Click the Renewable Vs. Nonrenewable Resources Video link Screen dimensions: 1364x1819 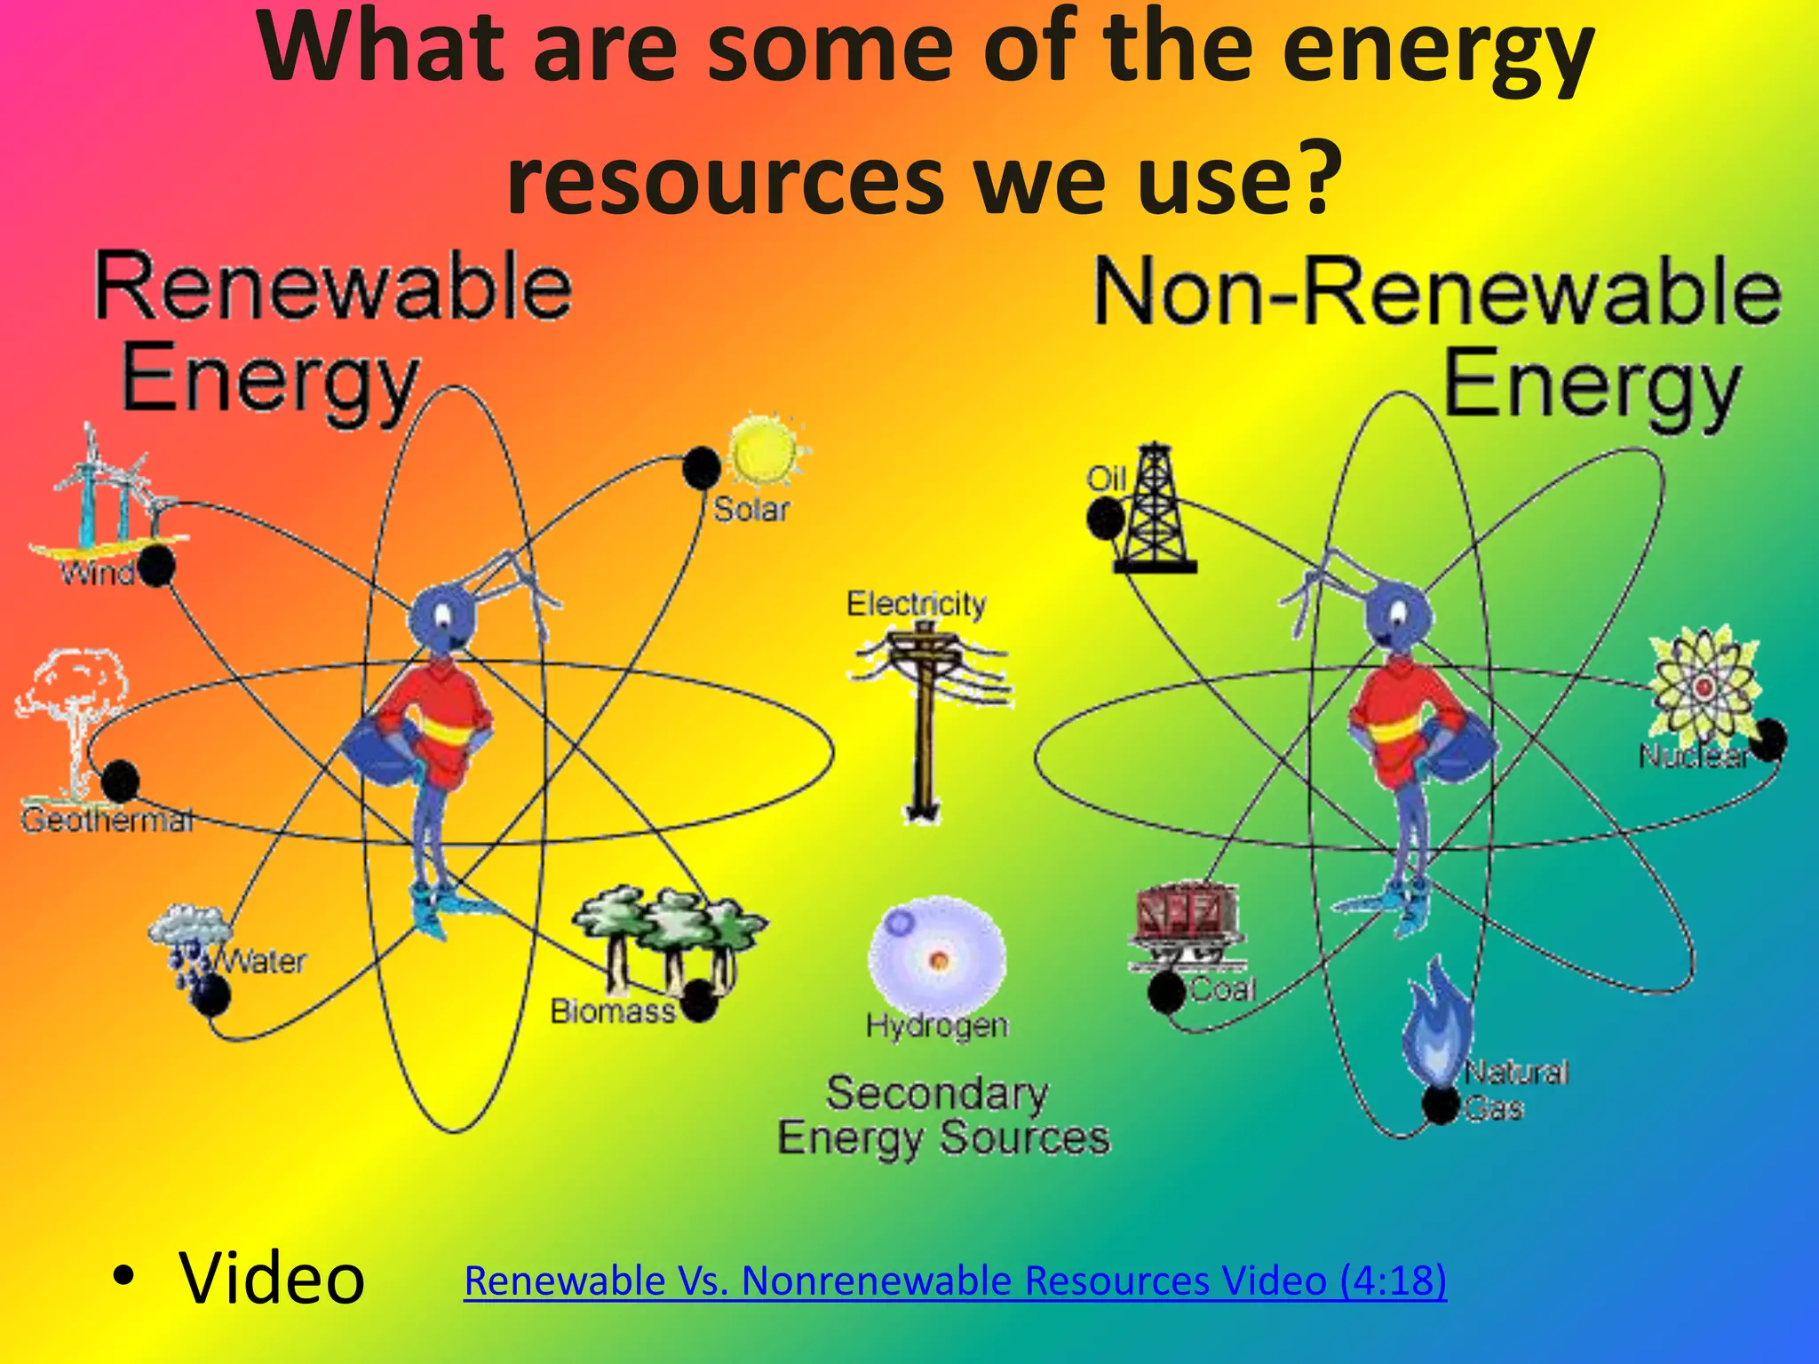(955, 1281)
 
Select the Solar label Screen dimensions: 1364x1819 (751, 510)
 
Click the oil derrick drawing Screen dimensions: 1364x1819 (1154, 510)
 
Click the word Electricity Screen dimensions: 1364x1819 (916, 604)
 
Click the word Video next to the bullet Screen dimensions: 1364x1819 (272, 1279)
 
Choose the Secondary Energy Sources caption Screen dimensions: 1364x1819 (943, 1115)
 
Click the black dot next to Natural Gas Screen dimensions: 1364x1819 (1441, 1105)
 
